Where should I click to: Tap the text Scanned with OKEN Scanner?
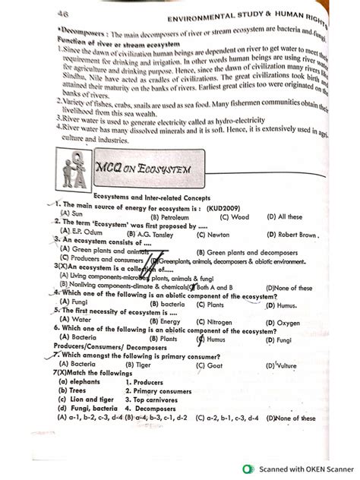(298, 469)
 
